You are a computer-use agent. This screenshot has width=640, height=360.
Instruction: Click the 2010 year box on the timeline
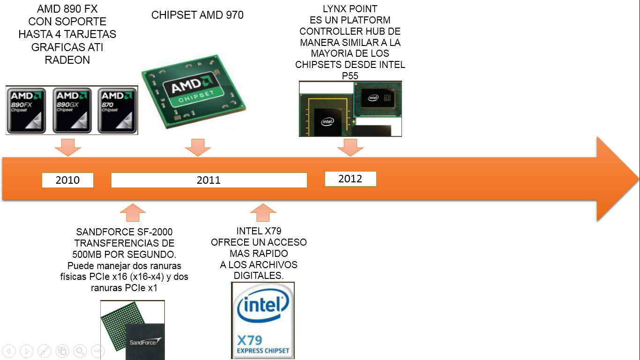[67, 180]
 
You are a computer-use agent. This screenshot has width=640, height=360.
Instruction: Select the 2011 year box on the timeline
[209, 180]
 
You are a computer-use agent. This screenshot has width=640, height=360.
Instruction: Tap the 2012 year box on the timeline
[350, 179]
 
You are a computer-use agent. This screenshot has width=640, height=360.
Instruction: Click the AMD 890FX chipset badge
[26, 110]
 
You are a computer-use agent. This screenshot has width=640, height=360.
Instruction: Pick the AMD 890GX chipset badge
[72, 110]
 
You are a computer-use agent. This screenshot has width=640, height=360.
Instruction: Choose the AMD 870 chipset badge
[117, 110]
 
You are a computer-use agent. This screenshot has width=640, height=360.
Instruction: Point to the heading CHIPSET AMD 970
[197, 15]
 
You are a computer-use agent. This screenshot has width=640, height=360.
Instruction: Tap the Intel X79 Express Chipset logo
[263, 320]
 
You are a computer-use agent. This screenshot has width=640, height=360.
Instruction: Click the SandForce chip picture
[133, 330]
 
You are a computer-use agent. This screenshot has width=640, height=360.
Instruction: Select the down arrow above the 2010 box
[68, 147]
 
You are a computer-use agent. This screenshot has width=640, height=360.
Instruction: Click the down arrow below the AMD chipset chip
[198, 147]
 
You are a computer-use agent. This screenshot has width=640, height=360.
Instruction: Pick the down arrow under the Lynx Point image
[350, 147]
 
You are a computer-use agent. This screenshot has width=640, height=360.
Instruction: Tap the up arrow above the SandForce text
[133, 212]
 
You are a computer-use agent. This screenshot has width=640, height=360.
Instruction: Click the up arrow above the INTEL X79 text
[263, 212]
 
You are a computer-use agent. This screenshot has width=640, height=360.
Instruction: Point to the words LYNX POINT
[350, 9]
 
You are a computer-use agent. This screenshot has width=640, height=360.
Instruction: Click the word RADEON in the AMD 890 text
[67, 60]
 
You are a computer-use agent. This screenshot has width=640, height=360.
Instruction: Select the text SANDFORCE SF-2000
[125, 232]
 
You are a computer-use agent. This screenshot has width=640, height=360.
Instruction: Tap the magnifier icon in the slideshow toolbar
[80, 351]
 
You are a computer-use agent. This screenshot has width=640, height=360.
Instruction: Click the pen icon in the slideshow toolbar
[45, 351]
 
